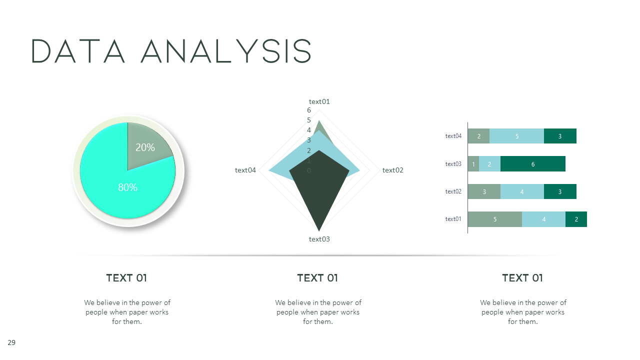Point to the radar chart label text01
coord(319,101)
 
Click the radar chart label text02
coord(392,170)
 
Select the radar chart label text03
coord(319,239)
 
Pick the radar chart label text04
coord(245,170)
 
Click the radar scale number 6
coord(309,110)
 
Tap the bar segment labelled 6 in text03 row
coord(533,164)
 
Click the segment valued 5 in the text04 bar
coord(516,136)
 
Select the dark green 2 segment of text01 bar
coord(576,219)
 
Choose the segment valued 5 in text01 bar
coord(494,219)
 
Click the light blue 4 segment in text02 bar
coord(522,191)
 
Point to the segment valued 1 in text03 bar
coord(473,164)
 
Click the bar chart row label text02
coord(453,191)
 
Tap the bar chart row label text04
coord(453,136)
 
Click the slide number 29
coord(11,342)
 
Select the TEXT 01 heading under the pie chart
coord(126,278)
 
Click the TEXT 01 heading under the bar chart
coord(522,278)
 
